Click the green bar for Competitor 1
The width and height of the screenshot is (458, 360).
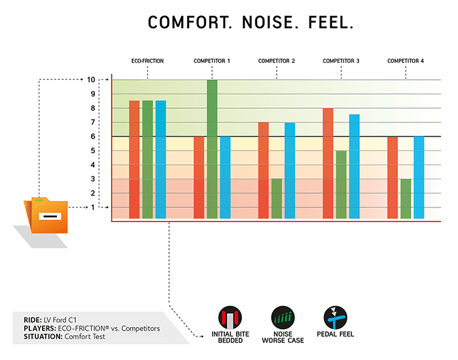pos(212,149)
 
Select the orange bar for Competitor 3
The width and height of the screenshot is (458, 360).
pos(328,163)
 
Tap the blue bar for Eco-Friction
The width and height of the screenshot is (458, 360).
pos(160,159)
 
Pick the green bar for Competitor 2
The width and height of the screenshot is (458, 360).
pos(277,198)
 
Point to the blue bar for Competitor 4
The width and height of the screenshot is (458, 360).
pos(419,177)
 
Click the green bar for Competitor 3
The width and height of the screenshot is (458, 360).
pos(341,184)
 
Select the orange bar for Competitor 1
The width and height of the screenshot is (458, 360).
pos(199,177)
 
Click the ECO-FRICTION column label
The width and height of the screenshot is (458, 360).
pos(147,61)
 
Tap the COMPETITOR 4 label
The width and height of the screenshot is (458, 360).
pos(406,61)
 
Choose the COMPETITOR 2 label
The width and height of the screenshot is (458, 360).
pos(276,61)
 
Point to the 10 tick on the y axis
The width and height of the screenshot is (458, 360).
pos(92,80)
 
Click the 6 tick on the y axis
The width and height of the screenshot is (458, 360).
pos(94,136)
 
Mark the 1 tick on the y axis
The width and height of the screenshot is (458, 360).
pos(94,207)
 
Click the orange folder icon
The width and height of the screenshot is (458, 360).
pos(46,216)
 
